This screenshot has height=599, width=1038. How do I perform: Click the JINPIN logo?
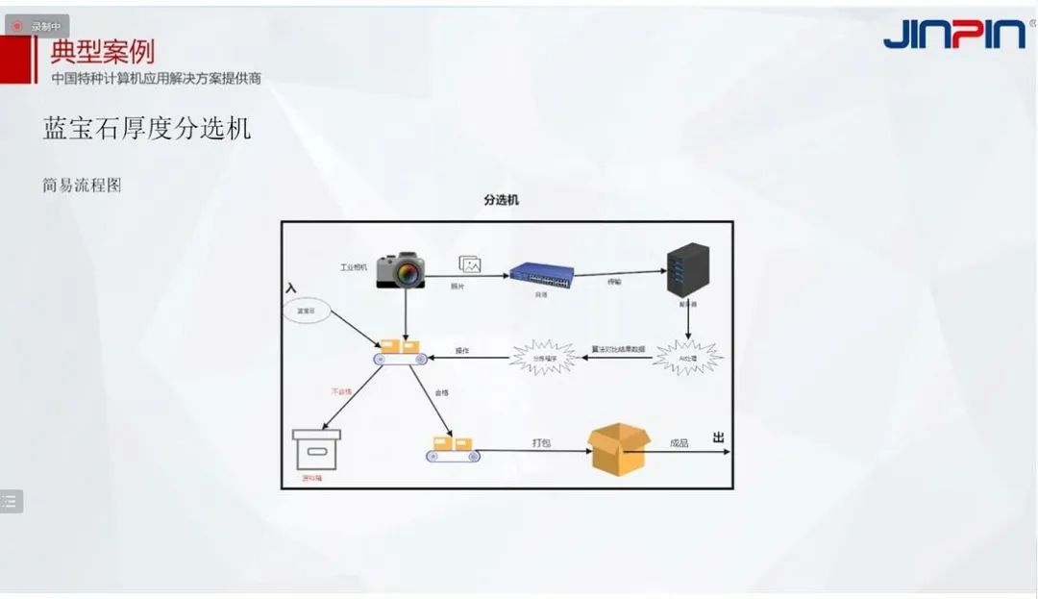click(x=953, y=34)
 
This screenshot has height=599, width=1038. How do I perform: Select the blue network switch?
click(x=542, y=276)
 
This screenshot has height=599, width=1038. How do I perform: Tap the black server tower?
click(x=688, y=270)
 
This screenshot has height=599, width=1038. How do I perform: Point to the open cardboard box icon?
click(x=618, y=449)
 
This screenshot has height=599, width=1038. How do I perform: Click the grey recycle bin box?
click(x=317, y=448)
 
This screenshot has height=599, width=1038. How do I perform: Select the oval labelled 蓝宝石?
click(x=308, y=312)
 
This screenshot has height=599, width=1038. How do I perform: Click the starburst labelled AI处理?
click(x=687, y=357)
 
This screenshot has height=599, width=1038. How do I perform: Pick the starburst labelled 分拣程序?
click(x=545, y=358)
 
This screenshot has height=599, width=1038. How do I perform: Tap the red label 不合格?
click(x=341, y=392)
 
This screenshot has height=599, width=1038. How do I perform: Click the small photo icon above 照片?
click(x=470, y=264)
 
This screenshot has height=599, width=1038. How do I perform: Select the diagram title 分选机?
click(x=501, y=200)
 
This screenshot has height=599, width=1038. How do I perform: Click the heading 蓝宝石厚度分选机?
click(x=147, y=129)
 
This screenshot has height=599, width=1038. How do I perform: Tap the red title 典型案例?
click(x=102, y=50)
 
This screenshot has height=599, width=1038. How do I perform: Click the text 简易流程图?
click(x=82, y=186)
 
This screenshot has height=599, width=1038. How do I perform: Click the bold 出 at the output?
click(x=718, y=437)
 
